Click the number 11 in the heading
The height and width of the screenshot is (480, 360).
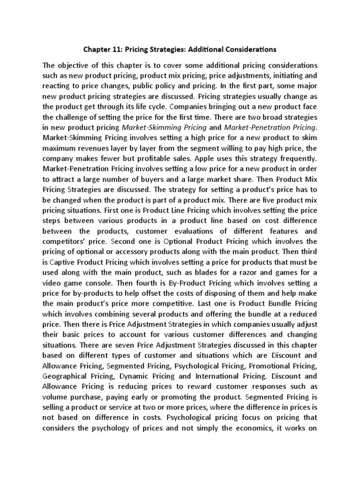tap(115, 48)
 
